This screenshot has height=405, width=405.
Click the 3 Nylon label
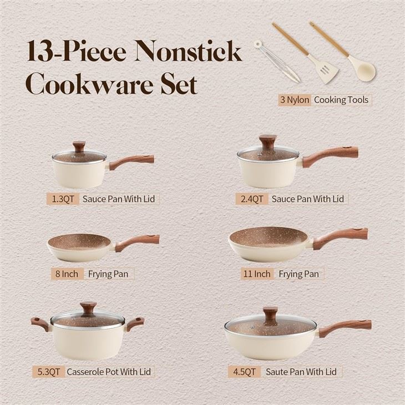[x=295, y=100]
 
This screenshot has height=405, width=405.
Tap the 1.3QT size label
[x=62, y=198]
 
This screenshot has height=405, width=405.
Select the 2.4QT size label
[x=251, y=198]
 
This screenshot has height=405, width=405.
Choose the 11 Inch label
[x=256, y=274]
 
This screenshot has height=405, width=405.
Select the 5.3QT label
[x=48, y=371]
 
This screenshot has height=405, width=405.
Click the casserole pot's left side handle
[x=39, y=323]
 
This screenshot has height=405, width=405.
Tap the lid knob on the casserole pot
[x=88, y=308]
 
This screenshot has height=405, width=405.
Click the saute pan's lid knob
[x=270, y=314]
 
